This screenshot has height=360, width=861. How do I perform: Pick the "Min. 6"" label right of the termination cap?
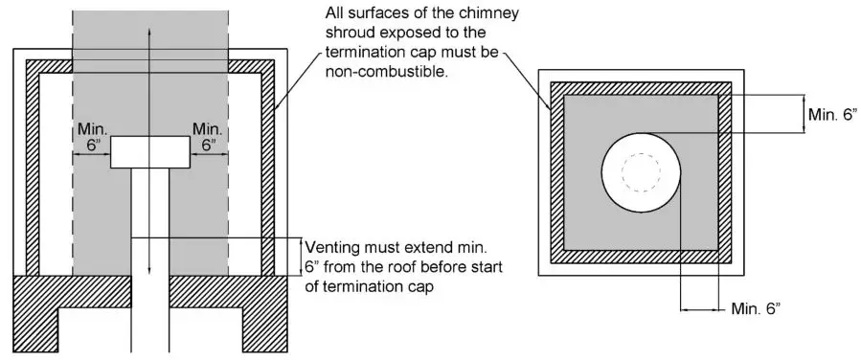click(x=209, y=136)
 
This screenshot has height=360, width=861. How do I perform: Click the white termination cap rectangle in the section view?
click(x=149, y=152)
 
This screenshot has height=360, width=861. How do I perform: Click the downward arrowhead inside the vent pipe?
click(x=149, y=271)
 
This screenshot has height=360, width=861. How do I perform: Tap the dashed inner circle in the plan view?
click(x=640, y=173)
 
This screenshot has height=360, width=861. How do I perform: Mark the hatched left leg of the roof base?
click(x=33, y=316)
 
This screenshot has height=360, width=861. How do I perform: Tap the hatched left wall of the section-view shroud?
click(x=33, y=172)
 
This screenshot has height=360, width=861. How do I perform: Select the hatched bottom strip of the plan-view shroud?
click(x=640, y=257)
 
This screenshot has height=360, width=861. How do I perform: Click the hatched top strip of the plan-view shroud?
click(x=640, y=87)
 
